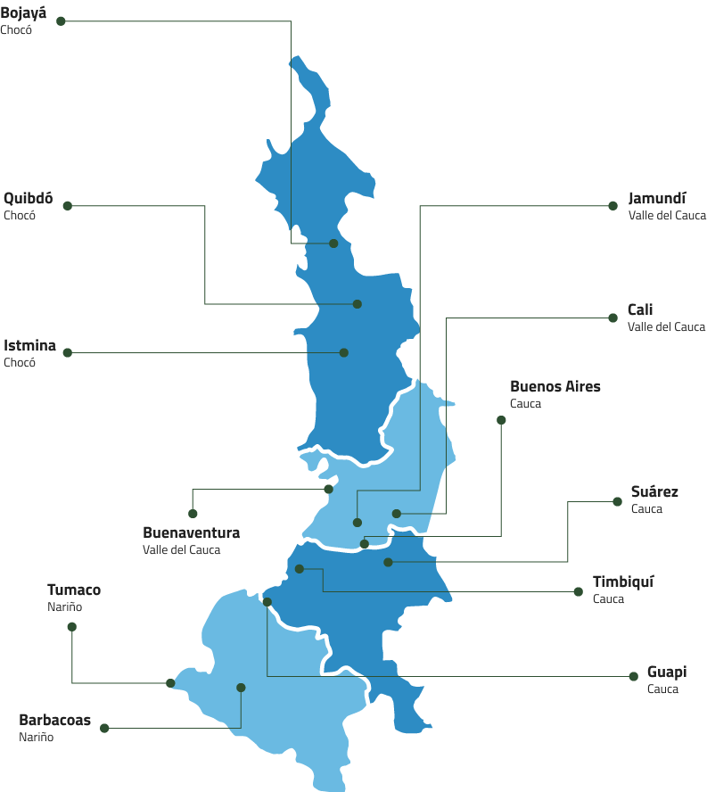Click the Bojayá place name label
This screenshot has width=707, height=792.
23,13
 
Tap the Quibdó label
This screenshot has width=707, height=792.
28,198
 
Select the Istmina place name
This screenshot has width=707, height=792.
29,345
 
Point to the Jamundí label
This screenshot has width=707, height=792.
657,198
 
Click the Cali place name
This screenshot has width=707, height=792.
640,309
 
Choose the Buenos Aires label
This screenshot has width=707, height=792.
555,386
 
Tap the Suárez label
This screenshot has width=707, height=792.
654,491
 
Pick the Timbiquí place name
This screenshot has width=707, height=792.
623,582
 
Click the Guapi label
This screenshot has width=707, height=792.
667,672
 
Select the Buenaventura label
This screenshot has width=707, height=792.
191,532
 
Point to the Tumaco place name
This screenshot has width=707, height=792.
73,590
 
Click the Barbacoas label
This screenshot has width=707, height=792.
54,720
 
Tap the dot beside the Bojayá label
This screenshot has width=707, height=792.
61,21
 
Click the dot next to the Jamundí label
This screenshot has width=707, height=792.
613,206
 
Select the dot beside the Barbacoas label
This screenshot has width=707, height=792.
104,728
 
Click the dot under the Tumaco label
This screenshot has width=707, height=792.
72,626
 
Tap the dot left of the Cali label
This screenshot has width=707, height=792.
612,318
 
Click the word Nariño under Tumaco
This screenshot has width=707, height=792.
64,606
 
